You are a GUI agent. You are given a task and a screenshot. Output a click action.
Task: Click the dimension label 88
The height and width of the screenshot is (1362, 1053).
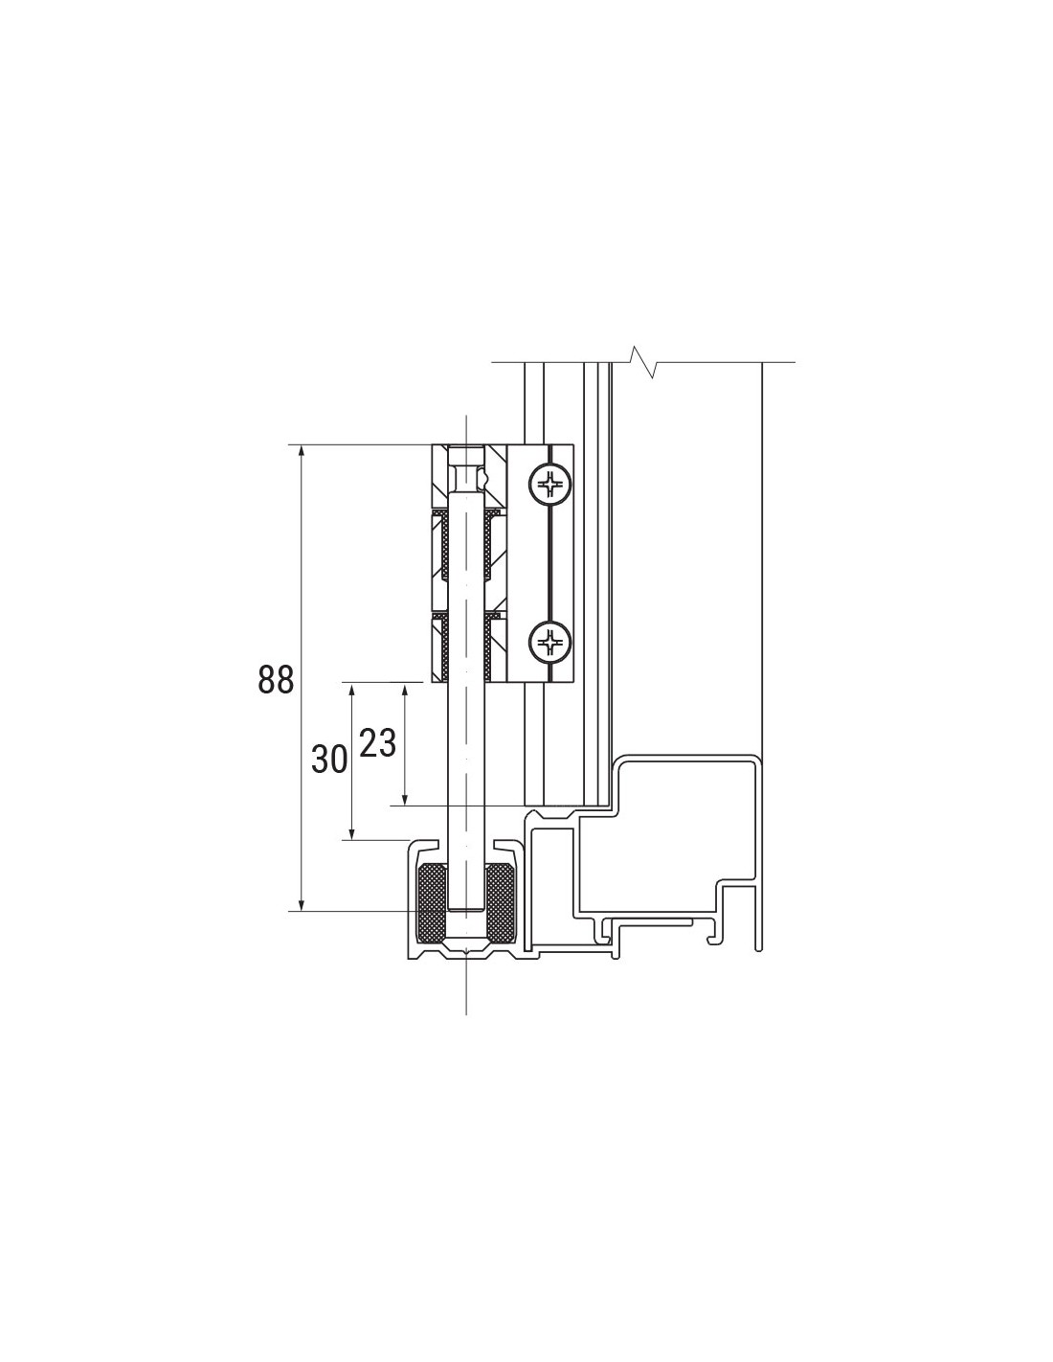[276, 679]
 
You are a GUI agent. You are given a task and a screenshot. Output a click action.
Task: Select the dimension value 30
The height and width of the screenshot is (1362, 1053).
[329, 759]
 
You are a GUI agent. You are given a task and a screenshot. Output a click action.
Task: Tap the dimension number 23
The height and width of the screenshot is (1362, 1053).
[378, 744]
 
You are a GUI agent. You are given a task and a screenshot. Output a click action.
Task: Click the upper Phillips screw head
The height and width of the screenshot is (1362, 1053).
[550, 484]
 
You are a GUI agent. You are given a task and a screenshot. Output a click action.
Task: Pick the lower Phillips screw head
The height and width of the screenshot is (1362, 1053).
[550, 642]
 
